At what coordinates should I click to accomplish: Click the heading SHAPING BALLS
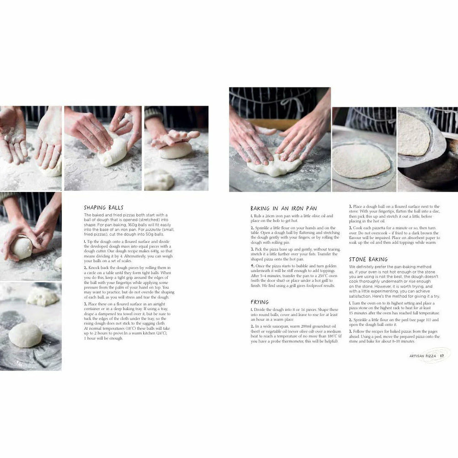104,207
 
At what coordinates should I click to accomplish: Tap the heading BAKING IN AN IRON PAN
283,208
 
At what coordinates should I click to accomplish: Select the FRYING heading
260,302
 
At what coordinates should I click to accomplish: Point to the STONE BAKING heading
368,259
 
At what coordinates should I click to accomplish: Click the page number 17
442,356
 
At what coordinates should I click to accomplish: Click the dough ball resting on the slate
25,335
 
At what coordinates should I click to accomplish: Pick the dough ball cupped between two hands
22,247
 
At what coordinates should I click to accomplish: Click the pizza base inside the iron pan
414,135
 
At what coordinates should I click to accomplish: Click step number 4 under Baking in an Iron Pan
252,266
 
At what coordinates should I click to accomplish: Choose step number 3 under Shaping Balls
85,304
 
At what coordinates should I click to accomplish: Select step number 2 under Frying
252,326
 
